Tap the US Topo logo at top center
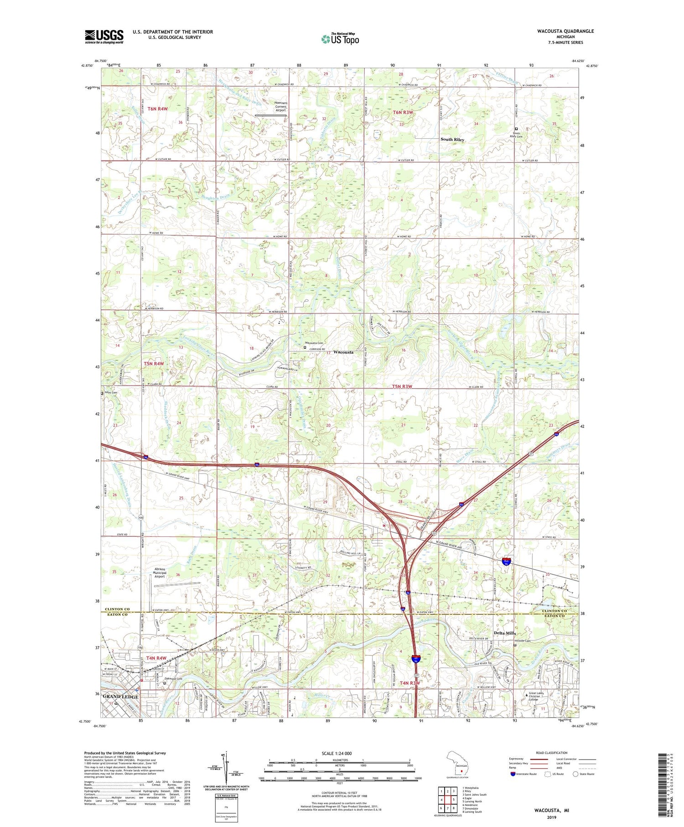coord(340,39)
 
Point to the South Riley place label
coord(452,139)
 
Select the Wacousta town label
coord(343,352)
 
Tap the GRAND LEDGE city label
coord(120,697)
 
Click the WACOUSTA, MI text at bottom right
coord(551,811)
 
